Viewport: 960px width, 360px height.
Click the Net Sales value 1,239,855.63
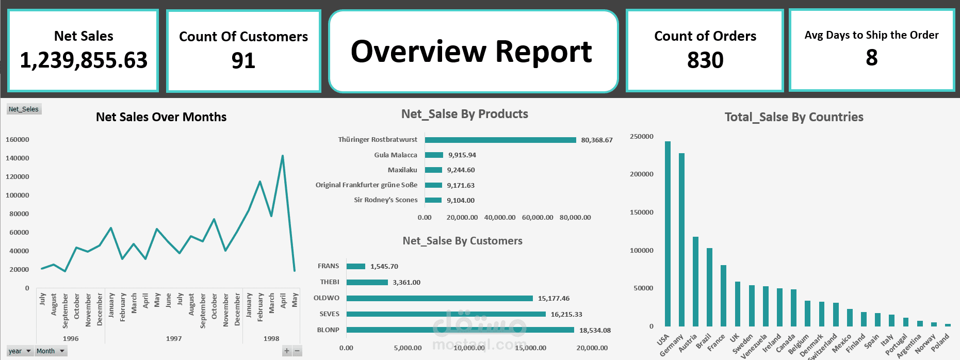84,60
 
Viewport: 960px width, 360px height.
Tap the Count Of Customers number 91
243,61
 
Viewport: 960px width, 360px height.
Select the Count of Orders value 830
705,60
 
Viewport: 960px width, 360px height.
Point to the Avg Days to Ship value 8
871,58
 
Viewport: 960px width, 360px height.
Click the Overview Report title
471,52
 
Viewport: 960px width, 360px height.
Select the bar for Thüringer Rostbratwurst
500,140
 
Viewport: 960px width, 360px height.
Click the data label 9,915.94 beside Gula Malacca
462,155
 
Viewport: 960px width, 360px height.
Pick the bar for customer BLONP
460,330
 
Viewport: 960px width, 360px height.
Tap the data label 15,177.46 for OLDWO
554,299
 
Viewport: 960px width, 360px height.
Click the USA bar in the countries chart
668,233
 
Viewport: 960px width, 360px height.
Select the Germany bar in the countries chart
681,239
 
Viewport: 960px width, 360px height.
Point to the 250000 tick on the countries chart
641,137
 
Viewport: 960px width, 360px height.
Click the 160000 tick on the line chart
17,140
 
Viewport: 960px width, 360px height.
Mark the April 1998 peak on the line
283,156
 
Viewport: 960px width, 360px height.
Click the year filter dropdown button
28,351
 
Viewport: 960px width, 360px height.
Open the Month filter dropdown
62,351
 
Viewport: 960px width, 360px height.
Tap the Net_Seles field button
24,109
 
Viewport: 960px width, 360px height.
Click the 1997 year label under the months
174,339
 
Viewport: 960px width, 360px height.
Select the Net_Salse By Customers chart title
462,241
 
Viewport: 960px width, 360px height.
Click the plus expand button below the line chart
287,351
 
